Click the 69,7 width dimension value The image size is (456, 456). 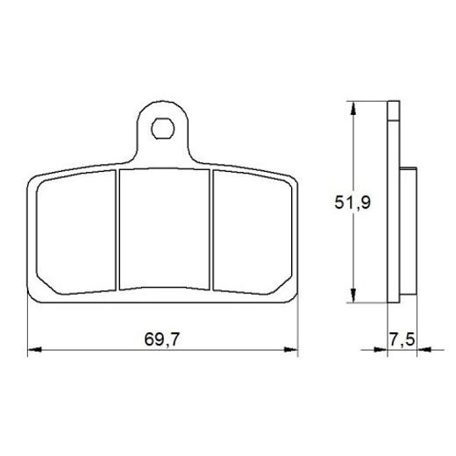(161, 339)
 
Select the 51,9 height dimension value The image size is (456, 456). (353, 203)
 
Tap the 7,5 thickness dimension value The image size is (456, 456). (402, 339)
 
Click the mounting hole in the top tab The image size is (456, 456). (163, 129)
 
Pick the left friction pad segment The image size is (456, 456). (76, 232)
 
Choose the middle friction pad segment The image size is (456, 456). (165, 229)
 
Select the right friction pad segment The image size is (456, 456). (253, 232)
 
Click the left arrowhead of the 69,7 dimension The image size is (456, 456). (34, 349)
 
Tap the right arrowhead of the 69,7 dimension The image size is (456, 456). (291, 349)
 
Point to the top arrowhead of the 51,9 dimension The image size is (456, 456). (353, 109)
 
